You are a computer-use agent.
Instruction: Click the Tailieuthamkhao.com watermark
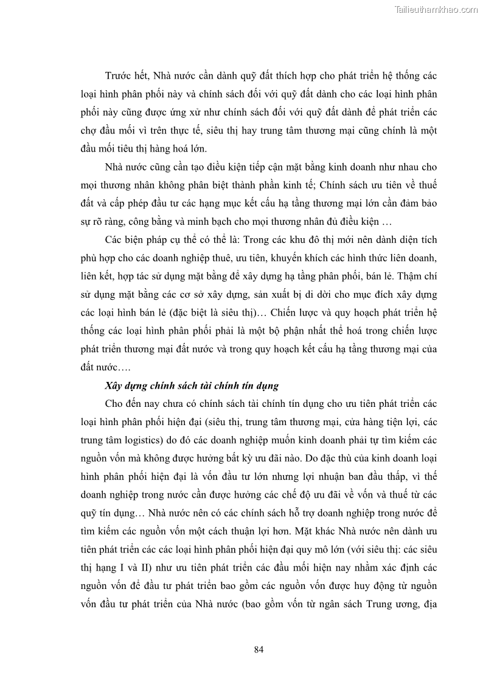coord(436,10)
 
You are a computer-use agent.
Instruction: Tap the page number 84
coord(259,649)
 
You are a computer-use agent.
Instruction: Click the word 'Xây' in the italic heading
coord(114,386)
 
